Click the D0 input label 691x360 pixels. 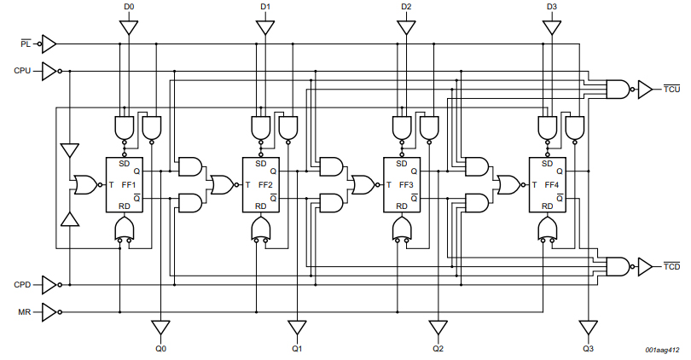[128, 7]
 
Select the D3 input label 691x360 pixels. [552, 7]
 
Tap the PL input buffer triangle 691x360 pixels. [48, 43]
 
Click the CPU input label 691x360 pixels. [23, 71]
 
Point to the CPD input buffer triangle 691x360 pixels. [49, 284]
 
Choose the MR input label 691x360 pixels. [24, 312]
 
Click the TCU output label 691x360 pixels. [671, 89]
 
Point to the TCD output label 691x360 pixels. [671, 267]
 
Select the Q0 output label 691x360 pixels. [160, 349]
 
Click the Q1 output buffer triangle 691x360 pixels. [297, 328]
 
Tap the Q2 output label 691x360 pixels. [438, 349]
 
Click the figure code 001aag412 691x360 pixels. [662, 351]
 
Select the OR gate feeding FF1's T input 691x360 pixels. [84, 184]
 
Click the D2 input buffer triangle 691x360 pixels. [406, 27]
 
